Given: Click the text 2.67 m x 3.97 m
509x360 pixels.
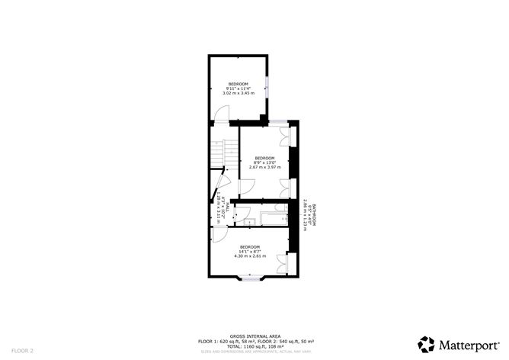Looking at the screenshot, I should pyautogui.click(x=264, y=166).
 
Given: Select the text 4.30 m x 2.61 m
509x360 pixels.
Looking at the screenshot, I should pyautogui.click(x=250, y=256).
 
